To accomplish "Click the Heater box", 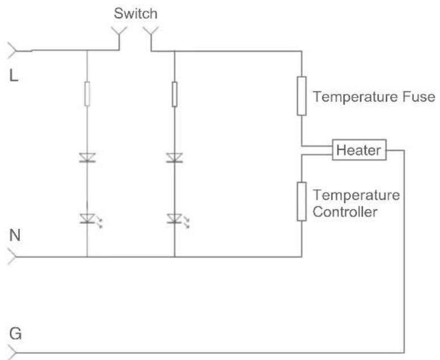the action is (x=359, y=150).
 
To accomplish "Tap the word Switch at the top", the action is (x=136, y=14).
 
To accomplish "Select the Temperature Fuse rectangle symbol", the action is (x=302, y=96).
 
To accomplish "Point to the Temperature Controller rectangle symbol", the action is (x=302, y=201).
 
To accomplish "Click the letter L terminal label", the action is (x=14, y=76).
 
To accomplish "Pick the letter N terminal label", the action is (x=15, y=235).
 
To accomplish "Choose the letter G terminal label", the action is (x=15, y=334).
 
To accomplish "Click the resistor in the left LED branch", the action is (x=87, y=94).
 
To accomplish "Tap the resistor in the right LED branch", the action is (x=175, y=94).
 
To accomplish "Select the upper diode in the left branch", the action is (x=87, y=158).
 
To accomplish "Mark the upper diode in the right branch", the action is (x=175, y=158).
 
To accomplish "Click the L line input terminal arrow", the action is (x=12, y=51).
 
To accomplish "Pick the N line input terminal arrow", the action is (x=12, y=256).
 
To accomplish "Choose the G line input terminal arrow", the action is (x=12, y=353).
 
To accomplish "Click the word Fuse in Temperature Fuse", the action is (x=419, y=97).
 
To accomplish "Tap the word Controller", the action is (x=345, y=212).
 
